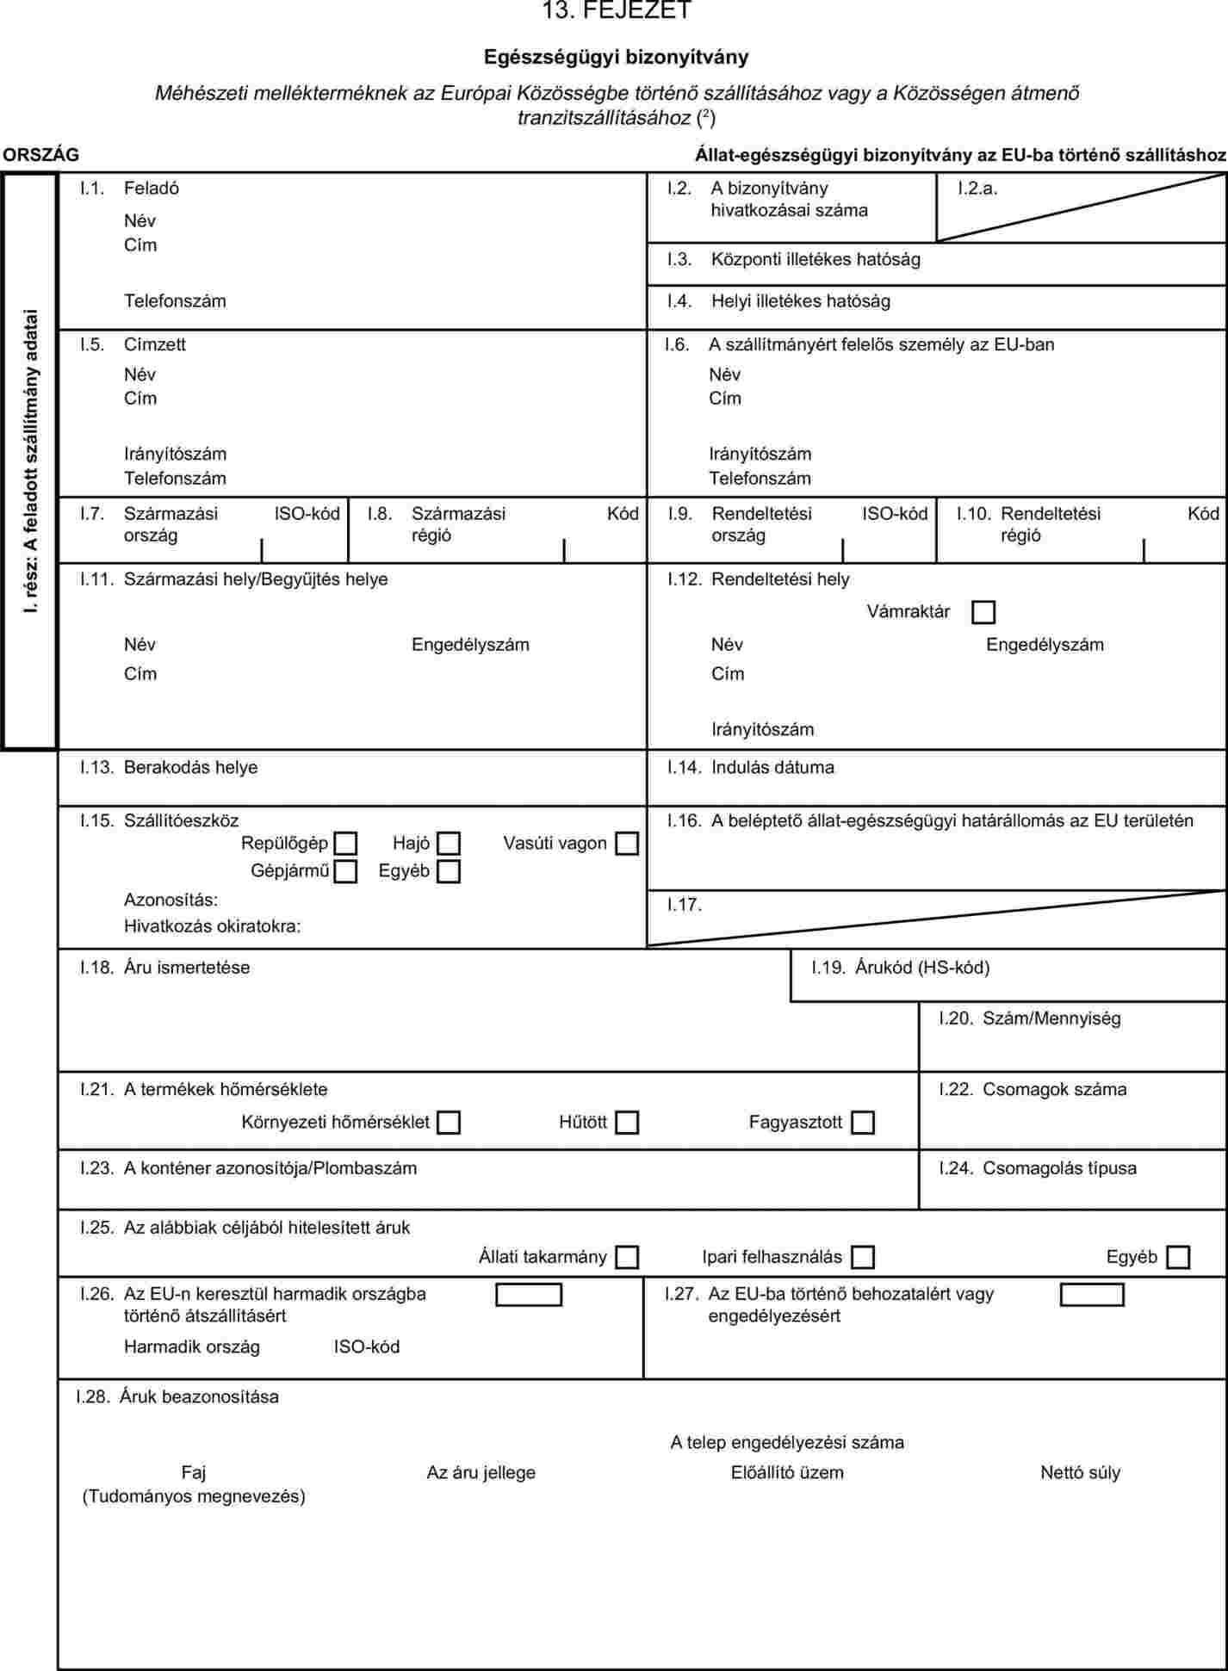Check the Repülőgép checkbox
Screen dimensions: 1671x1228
pos(345,844)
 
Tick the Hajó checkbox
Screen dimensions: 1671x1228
pos(449,844)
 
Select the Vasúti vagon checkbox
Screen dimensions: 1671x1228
pos(627,844)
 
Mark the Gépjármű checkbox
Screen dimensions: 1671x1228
pos(345,872)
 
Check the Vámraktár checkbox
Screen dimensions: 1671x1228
pos(983,612)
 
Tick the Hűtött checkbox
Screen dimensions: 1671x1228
pos(627,1123)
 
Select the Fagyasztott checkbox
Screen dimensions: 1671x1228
pos(862,1123)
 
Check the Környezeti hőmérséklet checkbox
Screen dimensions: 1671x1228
pos(449,1123)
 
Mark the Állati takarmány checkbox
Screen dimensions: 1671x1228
pos(627,1258)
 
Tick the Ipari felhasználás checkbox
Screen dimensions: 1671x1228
pos(862,1258)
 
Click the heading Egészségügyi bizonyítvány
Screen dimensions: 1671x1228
pos(616,58)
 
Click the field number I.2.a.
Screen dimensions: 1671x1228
pos(977,189)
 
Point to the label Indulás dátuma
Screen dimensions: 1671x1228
pos(772,768)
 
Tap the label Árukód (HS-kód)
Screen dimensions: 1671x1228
pos(921,968)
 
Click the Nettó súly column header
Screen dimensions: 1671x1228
pos(1080,1473)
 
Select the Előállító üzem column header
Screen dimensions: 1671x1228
pos(787,1473)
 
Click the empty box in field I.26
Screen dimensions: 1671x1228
pos(529,1295)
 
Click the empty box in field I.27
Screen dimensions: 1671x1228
pos(1092,1295)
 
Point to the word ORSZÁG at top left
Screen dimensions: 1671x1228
pos(40,155)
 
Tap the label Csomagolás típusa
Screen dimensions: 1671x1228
pos(1059,1168)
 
